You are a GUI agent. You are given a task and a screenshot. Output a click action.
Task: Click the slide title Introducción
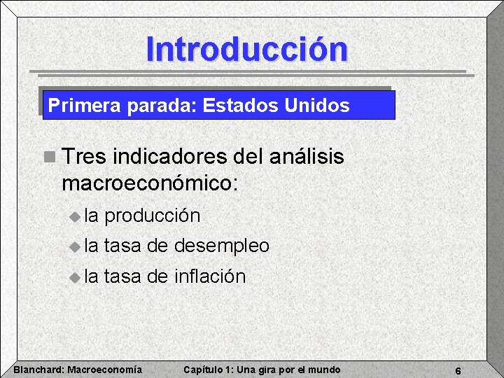pos(246,49)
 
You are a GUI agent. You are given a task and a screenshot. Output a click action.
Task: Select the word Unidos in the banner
pos(316,106)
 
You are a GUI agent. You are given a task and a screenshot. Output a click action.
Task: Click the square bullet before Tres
pos(48,157)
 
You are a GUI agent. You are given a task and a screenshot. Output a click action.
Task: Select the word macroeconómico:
pos(150,183)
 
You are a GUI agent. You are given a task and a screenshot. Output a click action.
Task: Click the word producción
pos(152,216)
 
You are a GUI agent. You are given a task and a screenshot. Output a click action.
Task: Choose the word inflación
pos(210,276)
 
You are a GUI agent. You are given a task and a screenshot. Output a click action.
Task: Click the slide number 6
pos(457,370)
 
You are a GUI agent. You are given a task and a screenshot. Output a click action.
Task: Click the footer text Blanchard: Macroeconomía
pos(78,370)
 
